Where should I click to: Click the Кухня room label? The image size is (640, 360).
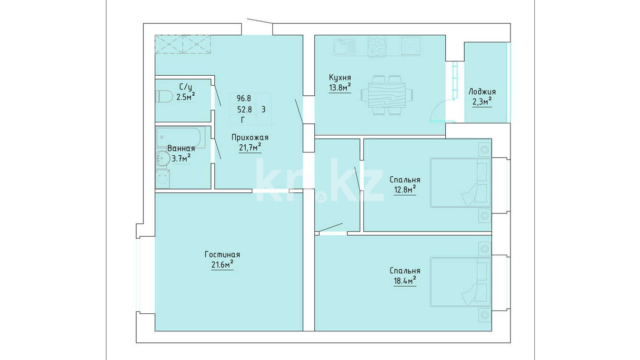point(340,78)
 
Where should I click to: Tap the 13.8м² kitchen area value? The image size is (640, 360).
point(340,87)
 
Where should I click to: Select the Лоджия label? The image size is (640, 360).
point(482,92)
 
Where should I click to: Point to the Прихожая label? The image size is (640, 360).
point(250,138)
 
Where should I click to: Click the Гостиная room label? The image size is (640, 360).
point(222,254)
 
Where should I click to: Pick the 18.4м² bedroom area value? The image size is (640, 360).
point(405,280)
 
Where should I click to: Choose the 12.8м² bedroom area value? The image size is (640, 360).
point(405,190)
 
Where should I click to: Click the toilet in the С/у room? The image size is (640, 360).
point(163,96)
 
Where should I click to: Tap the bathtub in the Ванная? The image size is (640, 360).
point(180,138)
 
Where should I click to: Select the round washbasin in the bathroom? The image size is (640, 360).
point(162,158)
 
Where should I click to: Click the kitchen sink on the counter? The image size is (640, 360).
point(344,47)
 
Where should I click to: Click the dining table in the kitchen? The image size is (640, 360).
point(387,95)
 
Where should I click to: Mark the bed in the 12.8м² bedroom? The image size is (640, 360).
point(460,183)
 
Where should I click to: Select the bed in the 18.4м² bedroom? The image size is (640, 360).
point(460,282)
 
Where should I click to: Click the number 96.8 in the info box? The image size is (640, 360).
point(244,99)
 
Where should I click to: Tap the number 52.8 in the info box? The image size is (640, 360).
point(245,110)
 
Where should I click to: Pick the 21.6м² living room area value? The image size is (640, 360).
point(222,265)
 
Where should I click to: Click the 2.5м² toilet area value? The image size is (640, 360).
point(186,97)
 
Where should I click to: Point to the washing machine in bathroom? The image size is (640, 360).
point(162,179)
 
